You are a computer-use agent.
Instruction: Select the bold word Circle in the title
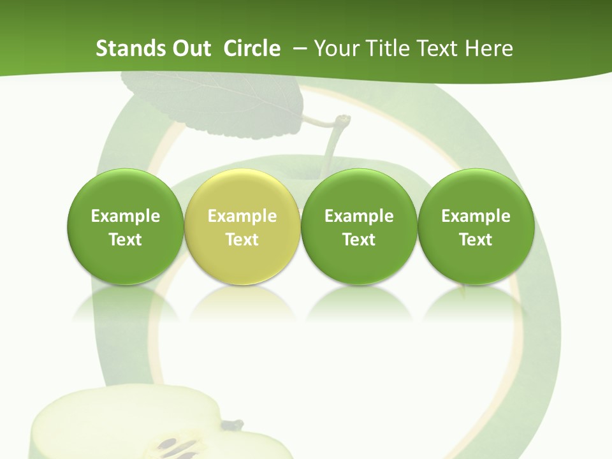(x=252, y=48)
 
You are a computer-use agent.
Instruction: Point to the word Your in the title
(x=334, y=48)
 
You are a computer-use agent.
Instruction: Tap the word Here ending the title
(x=489, y=48)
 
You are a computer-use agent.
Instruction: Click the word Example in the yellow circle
(x=242, y=216)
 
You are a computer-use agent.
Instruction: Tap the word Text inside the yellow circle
(x=242, y=240)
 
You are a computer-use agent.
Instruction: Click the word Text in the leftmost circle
(x=126, y=240)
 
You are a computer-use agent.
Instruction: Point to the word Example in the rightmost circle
(x=476, y=216)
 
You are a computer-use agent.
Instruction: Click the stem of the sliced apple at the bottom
(x=233, y=423)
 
